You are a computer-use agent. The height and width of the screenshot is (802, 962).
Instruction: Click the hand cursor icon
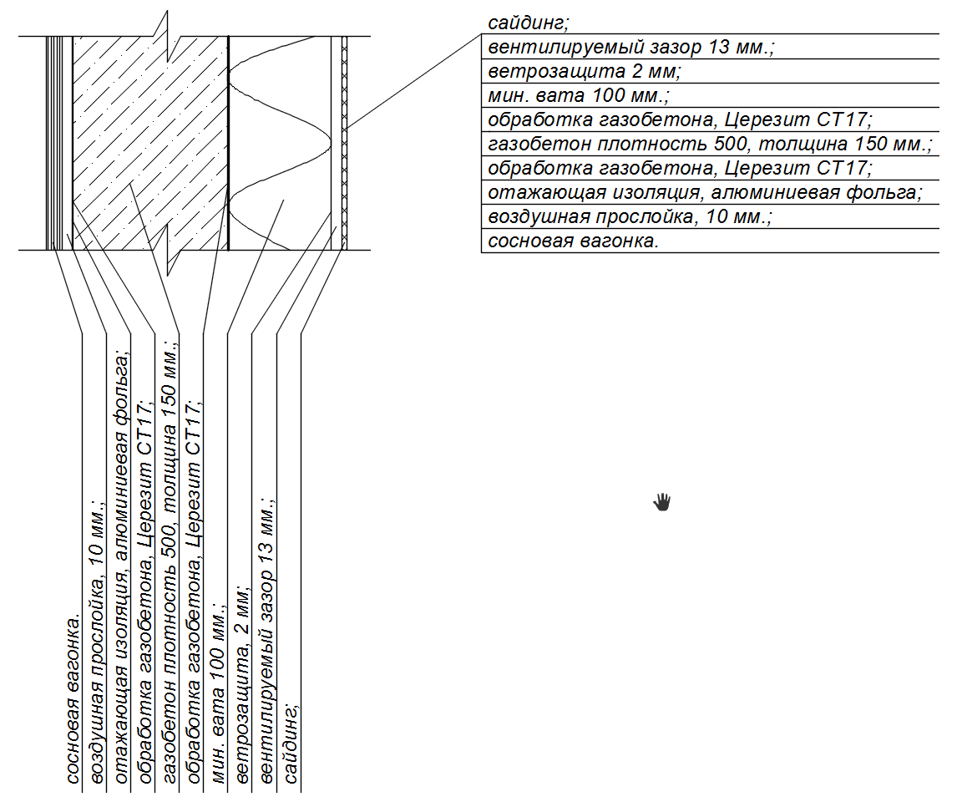click(662, 501)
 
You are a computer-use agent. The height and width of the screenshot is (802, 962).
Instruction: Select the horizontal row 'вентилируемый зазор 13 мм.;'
click(631, 47)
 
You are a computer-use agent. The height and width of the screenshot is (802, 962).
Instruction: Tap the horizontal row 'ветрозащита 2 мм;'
click(585, 71)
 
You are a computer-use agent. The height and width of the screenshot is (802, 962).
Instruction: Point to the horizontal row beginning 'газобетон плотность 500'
click(710, 145)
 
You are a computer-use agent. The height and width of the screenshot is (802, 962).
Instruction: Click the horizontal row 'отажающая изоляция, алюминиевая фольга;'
click(706, 193)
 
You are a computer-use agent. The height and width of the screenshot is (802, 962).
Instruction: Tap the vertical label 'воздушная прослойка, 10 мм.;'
click(98, 643)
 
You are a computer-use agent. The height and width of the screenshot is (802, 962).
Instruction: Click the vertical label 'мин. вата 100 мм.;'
click(219, 693)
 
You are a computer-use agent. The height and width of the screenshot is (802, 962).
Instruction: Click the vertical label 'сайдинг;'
click(291, 744)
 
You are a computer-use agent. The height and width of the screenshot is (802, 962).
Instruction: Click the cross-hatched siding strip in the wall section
click(344, 142)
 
